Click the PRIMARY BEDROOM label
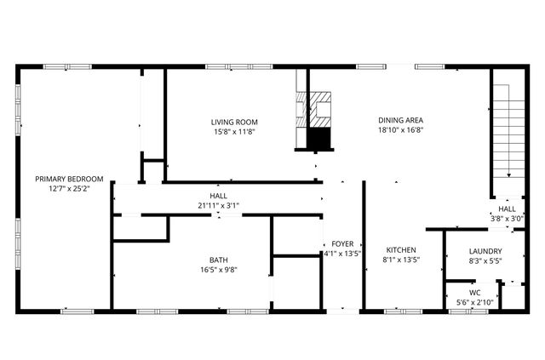(x=69, y=179)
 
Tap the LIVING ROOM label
(x=234, y=122)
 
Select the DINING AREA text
(x=401, y=120)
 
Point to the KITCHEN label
(x=401, y=250)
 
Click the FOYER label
(x=342, y=244)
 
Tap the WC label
(x=474, y=293)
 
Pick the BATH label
(x=219, y=260)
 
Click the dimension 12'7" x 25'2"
(x=69, y=188)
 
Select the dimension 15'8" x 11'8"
(x=234, y=132)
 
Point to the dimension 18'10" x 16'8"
(x=401, y=130)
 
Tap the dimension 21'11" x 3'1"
(x=218, y=206)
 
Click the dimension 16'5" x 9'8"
(x=219, y=270)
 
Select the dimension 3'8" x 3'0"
(x=507, y=218)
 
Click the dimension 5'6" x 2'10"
(x=474, y=302)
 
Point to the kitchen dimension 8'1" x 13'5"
(x=401, y=260)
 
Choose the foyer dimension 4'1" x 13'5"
(x=342, y=254)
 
